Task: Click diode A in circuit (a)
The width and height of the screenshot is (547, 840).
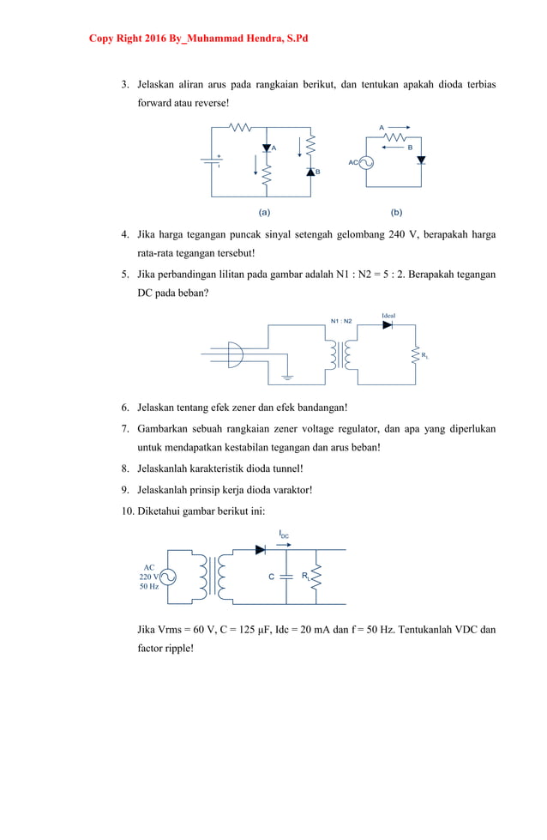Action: click(x=267, y=148)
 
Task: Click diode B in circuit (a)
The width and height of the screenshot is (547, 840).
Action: click(x=310, y=171)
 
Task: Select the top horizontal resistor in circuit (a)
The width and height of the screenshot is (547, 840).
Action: click(x=240, y=127)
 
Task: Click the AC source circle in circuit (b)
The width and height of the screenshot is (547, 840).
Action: click(x=365, y=162)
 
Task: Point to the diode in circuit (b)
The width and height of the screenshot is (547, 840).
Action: click(x=421, y=160)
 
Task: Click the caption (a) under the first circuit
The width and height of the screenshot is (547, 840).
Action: click(x=264, y=211)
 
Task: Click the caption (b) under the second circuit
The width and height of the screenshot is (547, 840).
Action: click(x=396, y=211)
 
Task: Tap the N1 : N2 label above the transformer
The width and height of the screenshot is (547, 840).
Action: click(x=341, y=321)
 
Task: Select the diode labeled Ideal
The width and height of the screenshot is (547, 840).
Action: click(x=388, y=325)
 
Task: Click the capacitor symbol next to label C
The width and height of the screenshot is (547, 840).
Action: click(x=287, y=577)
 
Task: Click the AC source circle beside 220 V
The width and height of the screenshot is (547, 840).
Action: click(x=167, y=577)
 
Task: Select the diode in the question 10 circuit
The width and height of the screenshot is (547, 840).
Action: click(x=261, y=550)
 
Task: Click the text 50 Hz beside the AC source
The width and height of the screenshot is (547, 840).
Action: click(x=148, y=587)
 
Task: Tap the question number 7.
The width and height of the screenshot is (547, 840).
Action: click(x=125, y=427)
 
